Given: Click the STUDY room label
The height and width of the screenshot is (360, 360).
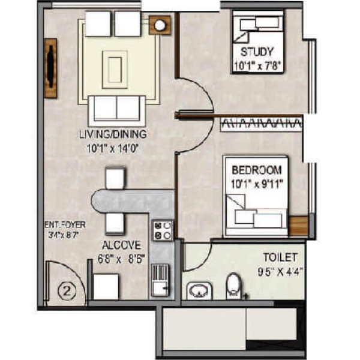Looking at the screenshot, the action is pyautogui.click(x=257, y=52).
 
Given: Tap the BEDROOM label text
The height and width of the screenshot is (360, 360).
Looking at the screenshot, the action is pyautogui.click(x=257, y=170).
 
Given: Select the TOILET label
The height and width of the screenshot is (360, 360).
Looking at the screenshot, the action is pyautogui.click(x=280, y=257).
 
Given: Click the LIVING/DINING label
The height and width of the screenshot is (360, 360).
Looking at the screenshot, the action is pyautogui.click(x=113, y=134).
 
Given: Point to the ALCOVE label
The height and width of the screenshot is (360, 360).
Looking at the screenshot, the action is pyautogui.click(x=121, y=245).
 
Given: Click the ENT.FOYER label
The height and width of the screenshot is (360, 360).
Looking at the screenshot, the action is pyautogui.click(x=65, y=224).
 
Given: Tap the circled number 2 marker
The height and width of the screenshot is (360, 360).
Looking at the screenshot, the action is pyautogui.click(x=67, y=292).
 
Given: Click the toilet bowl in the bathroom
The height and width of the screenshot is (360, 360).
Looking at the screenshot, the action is pyautogui.click(x=233, y=286).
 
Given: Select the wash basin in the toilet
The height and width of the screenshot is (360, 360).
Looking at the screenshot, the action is pyautogui.click(x=199, y=291).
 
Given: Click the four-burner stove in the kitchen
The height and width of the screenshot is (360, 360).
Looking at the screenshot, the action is pyautogui.click(x=163, y=230).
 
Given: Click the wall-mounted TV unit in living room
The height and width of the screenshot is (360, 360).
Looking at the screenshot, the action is pyautogui.click(x=50, y=68).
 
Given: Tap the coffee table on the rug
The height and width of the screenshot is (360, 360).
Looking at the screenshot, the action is pyautogui.click(x=115, y=70).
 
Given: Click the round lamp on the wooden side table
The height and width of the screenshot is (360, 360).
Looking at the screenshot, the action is pyautogui.click(x=160, y=25).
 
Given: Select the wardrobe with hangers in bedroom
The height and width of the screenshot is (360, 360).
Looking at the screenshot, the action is pyautogui.click(x=261, y=124).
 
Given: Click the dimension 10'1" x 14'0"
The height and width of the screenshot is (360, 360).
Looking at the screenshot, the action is pyautogui.click(x=113, y=148).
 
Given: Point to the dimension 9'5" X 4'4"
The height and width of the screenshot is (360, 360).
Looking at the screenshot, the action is pyautogui.click(x=279, y=272).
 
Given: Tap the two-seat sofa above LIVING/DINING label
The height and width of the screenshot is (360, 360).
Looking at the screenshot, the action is pyautogui.click(x=117, y=110).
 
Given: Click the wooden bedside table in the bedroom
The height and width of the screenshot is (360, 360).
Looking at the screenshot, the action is pyautogui.click(x=298, y=226).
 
